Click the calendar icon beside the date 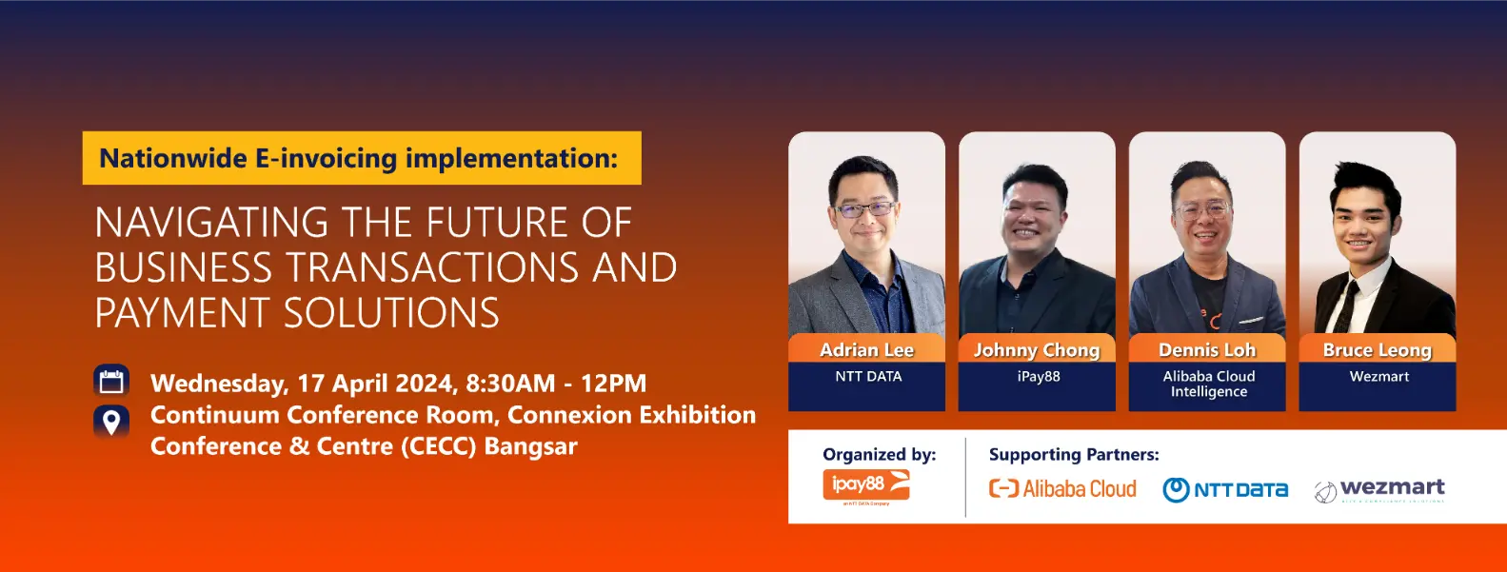tap(111, 381)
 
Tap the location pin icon tap(111, 422)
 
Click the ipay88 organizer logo tap(865, 484)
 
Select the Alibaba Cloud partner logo tap(1062, 488)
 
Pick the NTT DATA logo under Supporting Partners tap(1225, 489)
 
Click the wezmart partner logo tap(1379, 490)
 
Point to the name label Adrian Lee tap(866, 350)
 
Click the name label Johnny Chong tap(1037, 350)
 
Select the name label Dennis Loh tap(1207, 350)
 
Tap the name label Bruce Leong tap(1377, 350)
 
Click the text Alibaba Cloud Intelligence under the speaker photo tap(1208, 384)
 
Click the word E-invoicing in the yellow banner tap(326, 158)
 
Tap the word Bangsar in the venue tap(530, 446)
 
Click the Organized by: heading tap(879, 455)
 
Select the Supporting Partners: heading tap(1074, 455)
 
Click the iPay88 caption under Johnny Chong tap(1038, 376)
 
